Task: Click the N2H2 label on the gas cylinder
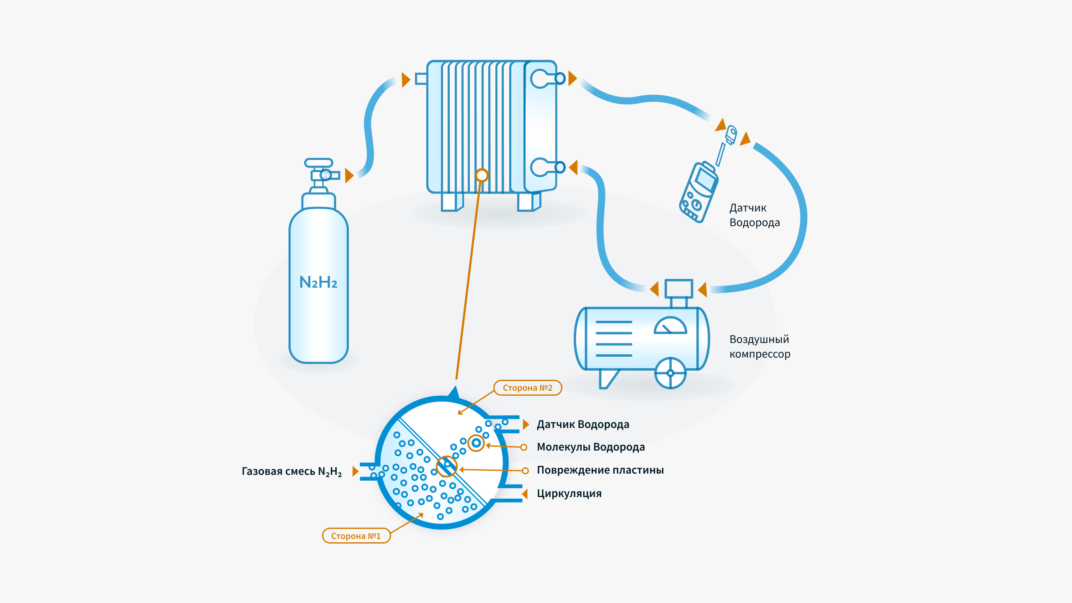point(318,282)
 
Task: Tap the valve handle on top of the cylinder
point(319,162)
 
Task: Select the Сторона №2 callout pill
point(527,388)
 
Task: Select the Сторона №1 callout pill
point(356,536)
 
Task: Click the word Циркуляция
point(569,493)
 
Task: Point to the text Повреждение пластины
point(600,470)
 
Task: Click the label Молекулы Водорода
point(590,447)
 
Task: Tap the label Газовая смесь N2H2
point(292,472)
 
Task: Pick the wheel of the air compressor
point(670,373)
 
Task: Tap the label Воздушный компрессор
point(760,347)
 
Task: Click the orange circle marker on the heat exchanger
point(482,175)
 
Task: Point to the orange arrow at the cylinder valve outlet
point(349,175)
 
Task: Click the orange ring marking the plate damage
point(446,466)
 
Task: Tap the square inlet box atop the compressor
point(679,289)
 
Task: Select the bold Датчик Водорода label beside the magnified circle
point(583,424)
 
